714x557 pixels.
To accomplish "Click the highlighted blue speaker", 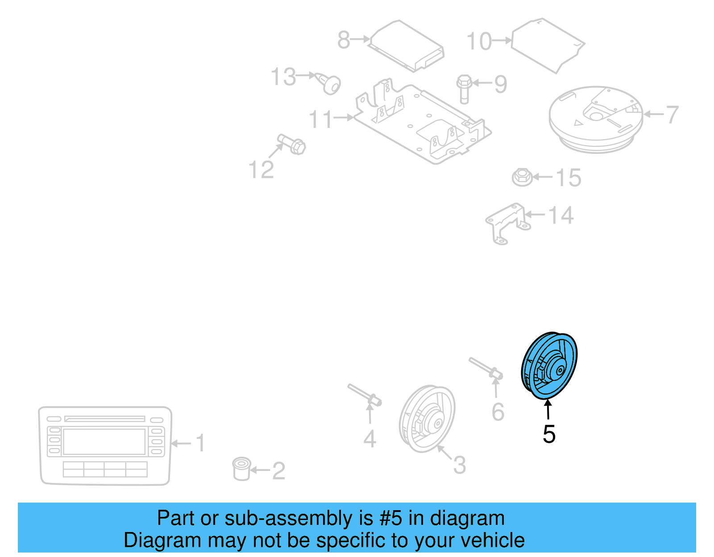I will [x=549, y=365].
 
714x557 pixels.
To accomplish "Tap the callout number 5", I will [x=549, y=434].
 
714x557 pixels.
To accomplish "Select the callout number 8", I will [x=344, y=40].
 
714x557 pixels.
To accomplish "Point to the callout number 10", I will [x=479, y=41].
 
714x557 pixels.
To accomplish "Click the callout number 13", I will [x=283, y=77].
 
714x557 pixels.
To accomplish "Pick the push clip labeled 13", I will [x=330, y=84].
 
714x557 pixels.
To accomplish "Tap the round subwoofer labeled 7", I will [x=595, y=119].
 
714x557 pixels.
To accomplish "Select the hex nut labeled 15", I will [x=522, y=177].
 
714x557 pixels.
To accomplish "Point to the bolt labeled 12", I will [x=292, y=144].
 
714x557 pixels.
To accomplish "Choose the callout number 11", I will [x=320, y=120].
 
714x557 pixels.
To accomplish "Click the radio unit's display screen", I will [x=104, y=441].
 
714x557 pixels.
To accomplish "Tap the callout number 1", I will [x=201, y=443].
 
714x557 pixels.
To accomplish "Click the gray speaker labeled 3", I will [x=427, y=418].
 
